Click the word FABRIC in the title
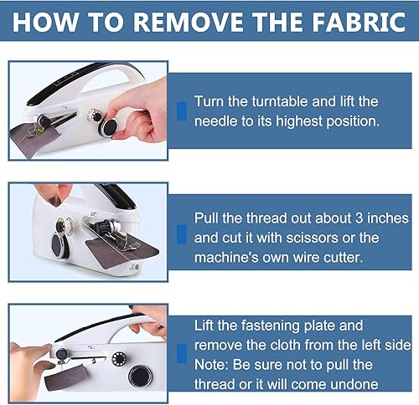[359, 22]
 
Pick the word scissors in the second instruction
[313, 238]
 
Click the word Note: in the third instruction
[212, 365]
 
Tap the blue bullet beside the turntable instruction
[182, 111]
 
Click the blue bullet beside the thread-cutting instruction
[182, 234]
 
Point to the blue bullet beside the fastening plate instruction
[182, 354]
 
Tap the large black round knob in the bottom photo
[140, 376]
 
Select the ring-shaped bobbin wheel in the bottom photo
[118, 359]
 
